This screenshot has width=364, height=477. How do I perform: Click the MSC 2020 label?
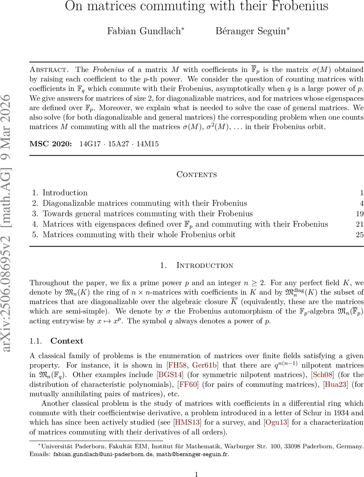[50, 143]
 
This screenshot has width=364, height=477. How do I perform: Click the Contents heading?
[197, 175]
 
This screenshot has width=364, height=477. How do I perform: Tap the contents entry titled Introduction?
[65, 193]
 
